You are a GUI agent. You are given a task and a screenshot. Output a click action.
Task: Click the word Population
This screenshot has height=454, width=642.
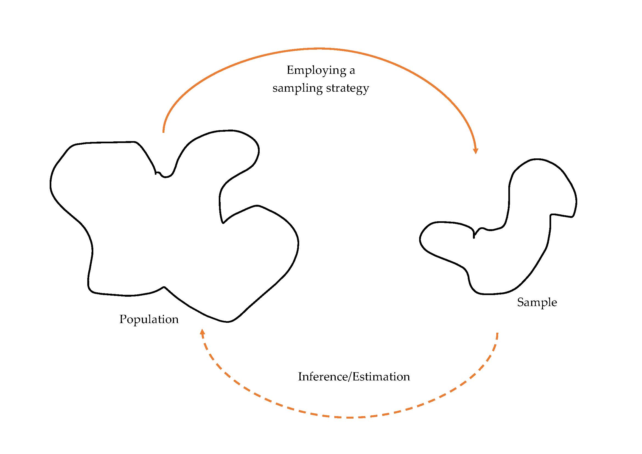[x=149, y=320]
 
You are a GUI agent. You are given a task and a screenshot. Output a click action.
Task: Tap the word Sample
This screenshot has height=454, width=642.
[x=537, y=302]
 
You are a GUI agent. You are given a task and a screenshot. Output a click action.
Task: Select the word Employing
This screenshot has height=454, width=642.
[x=316, y=71]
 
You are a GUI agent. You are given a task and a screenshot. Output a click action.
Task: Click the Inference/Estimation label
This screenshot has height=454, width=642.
[x=354, y=377]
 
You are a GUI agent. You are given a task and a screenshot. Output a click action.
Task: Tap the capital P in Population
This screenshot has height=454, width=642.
[x=123, y=319]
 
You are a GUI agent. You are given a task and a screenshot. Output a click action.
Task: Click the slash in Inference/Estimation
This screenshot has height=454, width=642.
[x=349, y=377]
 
